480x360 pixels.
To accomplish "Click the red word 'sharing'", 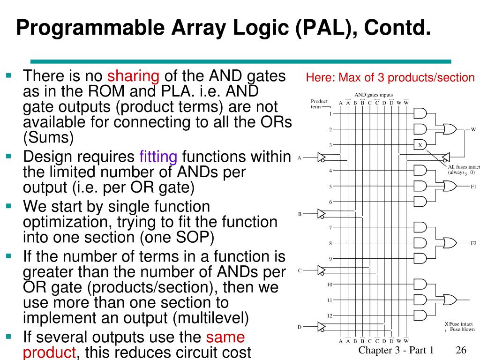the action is coord(134,75).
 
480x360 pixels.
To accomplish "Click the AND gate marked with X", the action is coord(420,145).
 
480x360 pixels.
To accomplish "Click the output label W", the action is coord(473,129).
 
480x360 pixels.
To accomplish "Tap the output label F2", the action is coord(473,243).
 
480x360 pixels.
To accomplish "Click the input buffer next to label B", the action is coord(322,214).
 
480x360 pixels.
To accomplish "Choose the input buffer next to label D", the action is coord(322,326).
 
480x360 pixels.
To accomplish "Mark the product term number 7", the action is coord(330,228).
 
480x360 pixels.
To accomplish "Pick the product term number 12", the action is coord(330,315).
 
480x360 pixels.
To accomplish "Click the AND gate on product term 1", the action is coord(420,113).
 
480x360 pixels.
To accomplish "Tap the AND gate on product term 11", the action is coord(420,300).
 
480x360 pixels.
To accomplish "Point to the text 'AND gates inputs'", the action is coord(374,95).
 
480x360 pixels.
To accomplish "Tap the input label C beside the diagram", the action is coord(300,270).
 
